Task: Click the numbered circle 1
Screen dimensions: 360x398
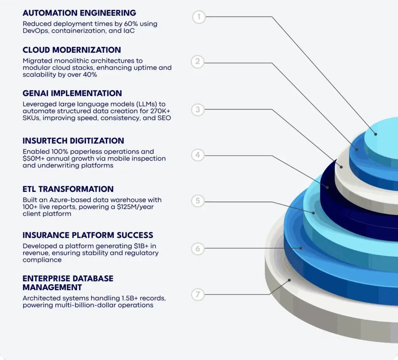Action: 199,17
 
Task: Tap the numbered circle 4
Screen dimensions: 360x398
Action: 198,155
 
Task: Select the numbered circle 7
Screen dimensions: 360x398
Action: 198,294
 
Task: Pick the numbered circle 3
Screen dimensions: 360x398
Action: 198,110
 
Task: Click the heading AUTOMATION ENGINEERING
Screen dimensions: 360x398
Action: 79,13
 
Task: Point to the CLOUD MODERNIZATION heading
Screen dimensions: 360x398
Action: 72,50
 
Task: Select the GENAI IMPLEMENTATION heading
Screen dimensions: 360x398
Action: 72,93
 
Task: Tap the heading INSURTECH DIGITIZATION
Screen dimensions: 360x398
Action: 73,141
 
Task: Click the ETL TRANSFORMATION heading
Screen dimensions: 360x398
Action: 68,189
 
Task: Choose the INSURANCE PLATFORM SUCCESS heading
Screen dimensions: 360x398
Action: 88,235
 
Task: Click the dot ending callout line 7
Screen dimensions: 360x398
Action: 289,280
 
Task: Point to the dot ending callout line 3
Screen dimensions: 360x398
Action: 342,166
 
